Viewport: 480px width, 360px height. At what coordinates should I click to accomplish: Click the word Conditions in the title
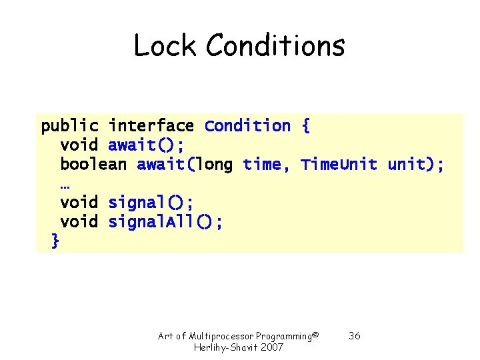pyautogui.click(x=275, y=46)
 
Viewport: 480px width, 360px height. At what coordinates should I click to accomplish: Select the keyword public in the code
pyautogui.click(x=70, y=126)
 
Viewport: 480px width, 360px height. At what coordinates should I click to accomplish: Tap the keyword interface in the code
pyautogui.click(x=151, y=126)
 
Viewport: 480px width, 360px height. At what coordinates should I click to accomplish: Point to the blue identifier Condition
pyautogui.click(x=247, y=126)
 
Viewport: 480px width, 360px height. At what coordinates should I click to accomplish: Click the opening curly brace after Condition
pyautogui.click(x=305, y=126)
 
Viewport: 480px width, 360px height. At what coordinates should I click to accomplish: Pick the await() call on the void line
pyautogui.click(x=147, y=145)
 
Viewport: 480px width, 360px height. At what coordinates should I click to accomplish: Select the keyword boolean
pyautogui.click(x=93, y=165)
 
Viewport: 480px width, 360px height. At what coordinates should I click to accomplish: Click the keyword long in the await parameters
pyautogui.click(x=215, y=165)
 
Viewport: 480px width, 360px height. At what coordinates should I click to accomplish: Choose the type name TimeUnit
pyautogui.click(x=339, y=165)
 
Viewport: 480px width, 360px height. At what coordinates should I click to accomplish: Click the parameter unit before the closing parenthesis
pyautogui.click(x=407, y=165)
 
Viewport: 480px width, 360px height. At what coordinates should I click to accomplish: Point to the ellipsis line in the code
pyautogui.click(x=65, y=184)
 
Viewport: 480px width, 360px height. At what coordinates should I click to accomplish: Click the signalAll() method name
pyautogui.click(x=165, y=222)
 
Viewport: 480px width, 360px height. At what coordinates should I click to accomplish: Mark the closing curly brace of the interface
pyautogui.click(x=55, y=241)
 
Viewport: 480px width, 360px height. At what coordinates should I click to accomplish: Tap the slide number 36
pyautogui.click(x=355, y=336)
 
